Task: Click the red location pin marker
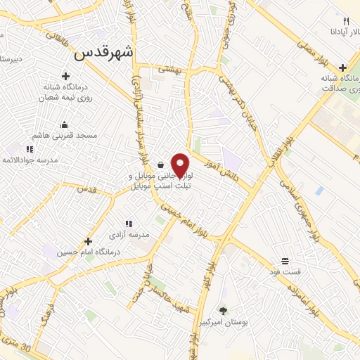(x=181, y=165)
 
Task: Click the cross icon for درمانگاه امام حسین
(x=87, y=240)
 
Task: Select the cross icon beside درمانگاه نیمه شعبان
(x=66, y=76)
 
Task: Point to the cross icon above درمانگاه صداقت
(x=342, y=68)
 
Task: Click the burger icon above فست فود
(x=284, y=259)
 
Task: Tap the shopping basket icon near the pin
(x=161, y=165)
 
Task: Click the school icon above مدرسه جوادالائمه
(x=30, y=149)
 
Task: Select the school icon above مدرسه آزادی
(x=127, y=223)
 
